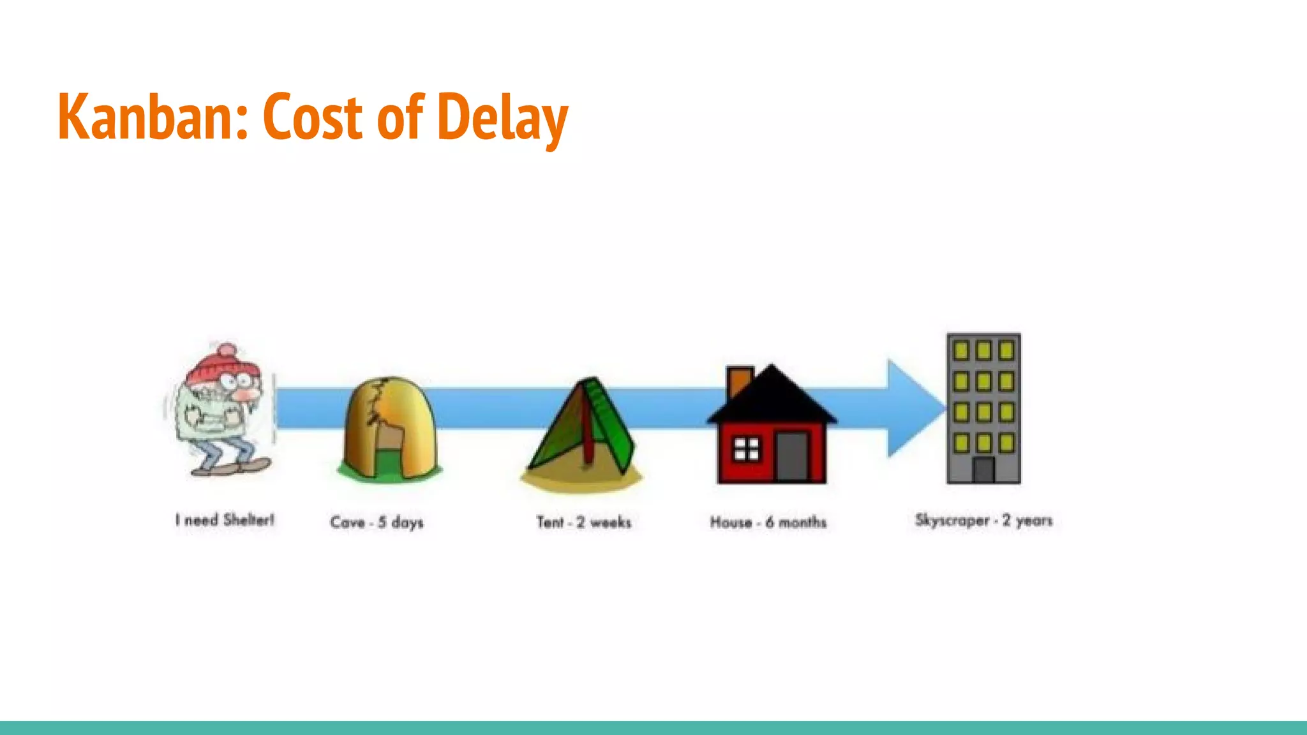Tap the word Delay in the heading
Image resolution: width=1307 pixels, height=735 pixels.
(504, 118)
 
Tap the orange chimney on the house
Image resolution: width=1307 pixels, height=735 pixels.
(739, 381)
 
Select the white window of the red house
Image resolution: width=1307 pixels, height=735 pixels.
(746, 449)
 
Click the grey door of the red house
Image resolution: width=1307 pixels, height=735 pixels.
(792, 456)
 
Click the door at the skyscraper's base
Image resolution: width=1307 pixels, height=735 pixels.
(983, 470)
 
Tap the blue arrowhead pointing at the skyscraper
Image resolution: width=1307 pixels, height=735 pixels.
(913, 408)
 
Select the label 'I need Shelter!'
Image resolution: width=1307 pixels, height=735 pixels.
(225, 520)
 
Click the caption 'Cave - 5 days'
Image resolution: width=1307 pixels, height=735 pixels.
(377, 523)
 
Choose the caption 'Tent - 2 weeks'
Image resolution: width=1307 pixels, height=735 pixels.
(583, 523)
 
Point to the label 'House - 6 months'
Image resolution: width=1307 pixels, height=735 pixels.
(768, 523)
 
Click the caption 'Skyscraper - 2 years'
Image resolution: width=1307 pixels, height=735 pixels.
(983, 521)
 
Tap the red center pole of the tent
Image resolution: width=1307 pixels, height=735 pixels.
(586, 434)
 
